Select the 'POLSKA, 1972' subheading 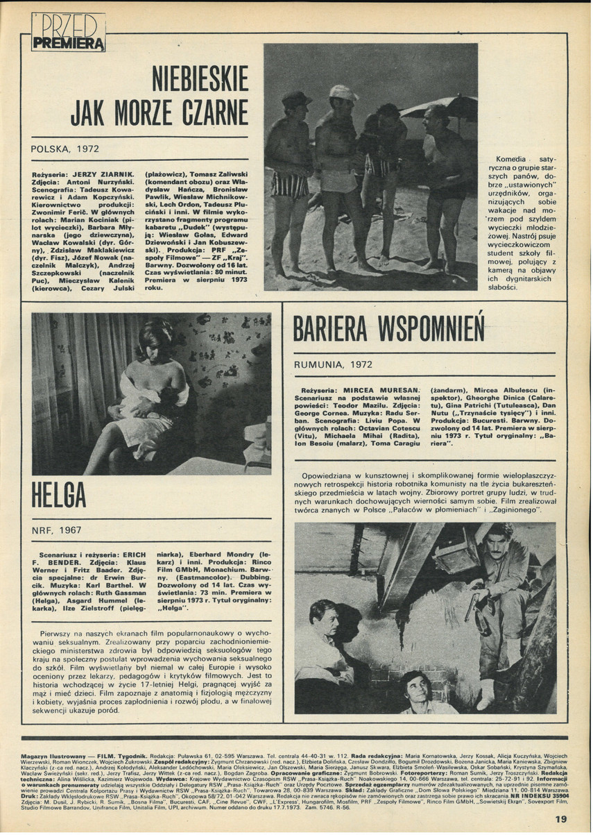coord(65,149)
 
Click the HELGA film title coord(60,495)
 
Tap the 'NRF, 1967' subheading coord(56,530)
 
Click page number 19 coord(561,818)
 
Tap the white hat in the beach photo coord(343,92)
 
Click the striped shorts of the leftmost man coord(291,185)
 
